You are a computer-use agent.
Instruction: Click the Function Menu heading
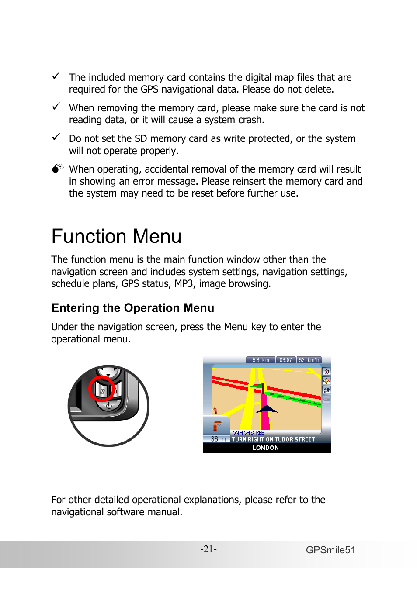116,236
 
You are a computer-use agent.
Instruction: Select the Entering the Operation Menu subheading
132,308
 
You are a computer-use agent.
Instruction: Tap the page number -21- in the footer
208,549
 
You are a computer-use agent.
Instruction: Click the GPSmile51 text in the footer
330,550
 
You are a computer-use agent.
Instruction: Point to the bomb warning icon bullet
57,168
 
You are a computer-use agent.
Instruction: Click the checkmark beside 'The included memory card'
56,76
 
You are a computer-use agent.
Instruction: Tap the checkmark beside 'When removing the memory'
56,107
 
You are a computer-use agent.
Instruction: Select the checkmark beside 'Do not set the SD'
56,137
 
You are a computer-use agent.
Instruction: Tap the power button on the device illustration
108,406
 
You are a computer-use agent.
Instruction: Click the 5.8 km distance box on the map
261,360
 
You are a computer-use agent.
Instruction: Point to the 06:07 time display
286,360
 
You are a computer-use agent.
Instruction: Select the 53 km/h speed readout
309,360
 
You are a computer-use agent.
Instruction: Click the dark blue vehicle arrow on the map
266,409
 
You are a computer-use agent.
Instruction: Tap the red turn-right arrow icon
217,425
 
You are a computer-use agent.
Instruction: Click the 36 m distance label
218,439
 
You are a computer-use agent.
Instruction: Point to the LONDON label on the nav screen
265,448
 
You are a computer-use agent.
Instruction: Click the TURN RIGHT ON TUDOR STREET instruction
273,439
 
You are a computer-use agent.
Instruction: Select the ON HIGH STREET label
249,433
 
